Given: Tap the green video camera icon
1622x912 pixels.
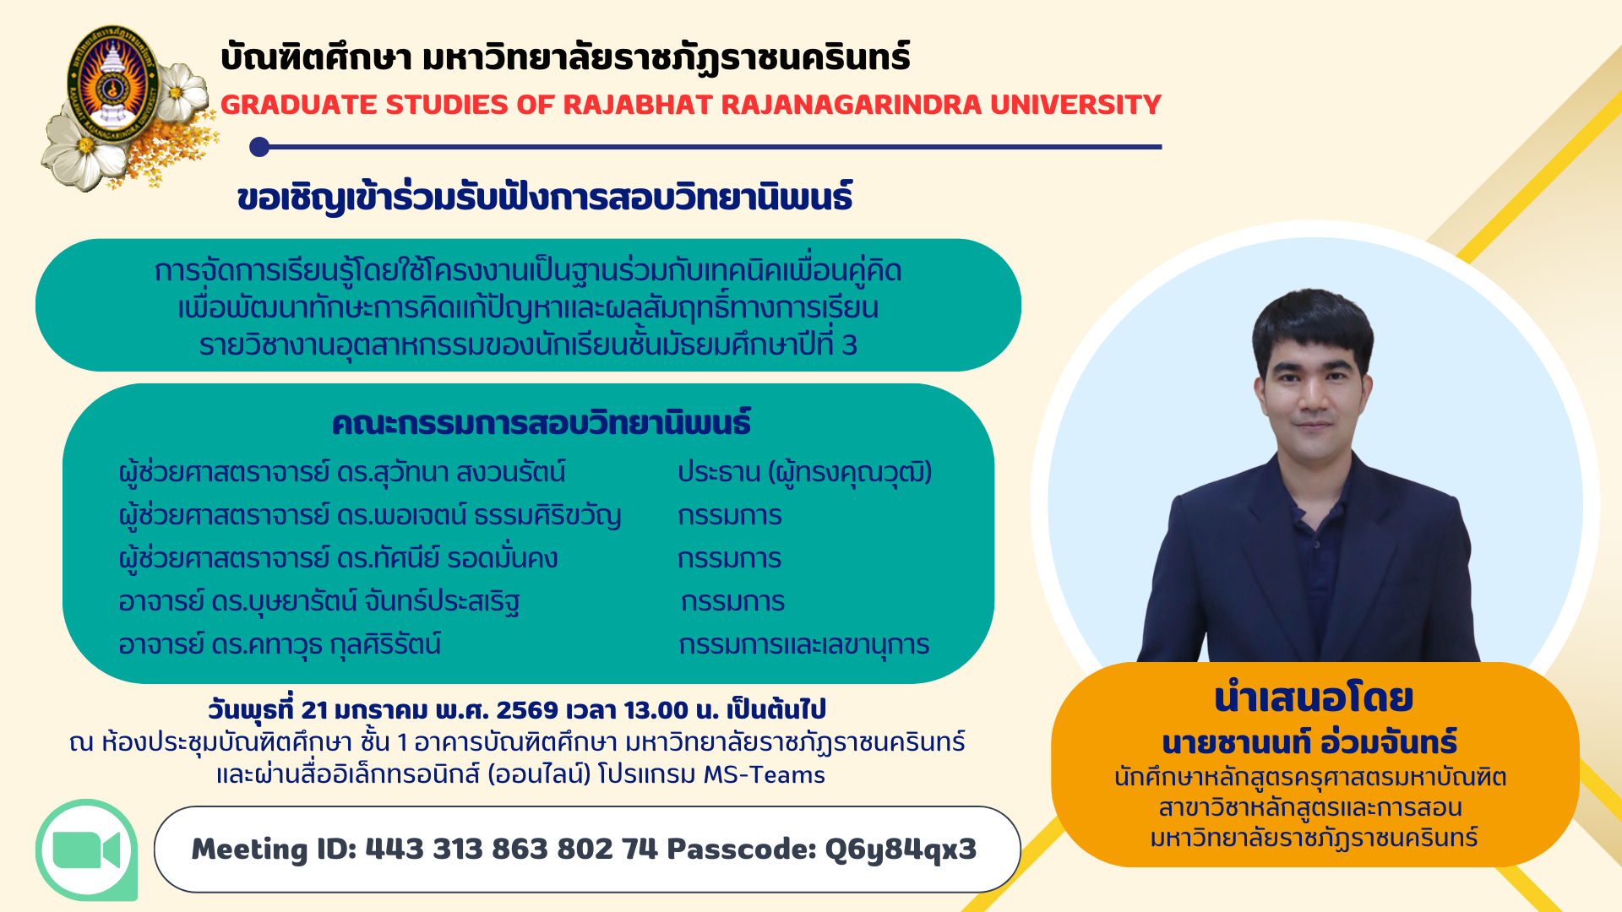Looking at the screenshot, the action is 86,850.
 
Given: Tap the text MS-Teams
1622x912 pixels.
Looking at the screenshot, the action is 764,774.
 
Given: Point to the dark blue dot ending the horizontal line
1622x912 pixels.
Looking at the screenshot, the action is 259,147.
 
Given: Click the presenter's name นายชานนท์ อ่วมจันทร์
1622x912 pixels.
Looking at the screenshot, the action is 1310,741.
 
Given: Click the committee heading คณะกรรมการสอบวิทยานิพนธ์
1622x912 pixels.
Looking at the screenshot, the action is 542,422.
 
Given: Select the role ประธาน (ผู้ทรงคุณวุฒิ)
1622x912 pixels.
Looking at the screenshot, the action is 805,472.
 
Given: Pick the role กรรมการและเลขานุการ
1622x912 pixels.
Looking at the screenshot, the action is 804,644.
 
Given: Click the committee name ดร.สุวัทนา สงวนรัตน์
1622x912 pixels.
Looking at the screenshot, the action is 451,472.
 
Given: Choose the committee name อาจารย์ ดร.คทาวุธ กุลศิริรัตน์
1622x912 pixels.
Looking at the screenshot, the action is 280,644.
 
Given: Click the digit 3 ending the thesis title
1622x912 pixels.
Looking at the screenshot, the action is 850,345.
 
